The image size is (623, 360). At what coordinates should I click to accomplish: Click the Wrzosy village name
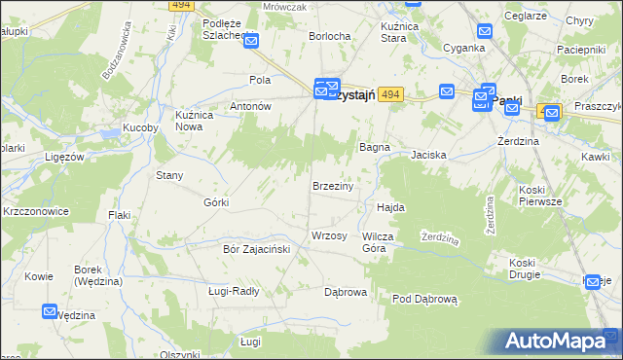329,236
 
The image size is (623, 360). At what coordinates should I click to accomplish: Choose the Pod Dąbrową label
424,299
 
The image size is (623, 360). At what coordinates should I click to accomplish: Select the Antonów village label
249,106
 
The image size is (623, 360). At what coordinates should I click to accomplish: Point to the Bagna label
375,147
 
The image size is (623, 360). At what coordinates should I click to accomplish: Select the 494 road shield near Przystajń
389,93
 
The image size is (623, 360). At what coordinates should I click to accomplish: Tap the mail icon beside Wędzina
51,311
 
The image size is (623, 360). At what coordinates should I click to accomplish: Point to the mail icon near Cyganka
486,31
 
